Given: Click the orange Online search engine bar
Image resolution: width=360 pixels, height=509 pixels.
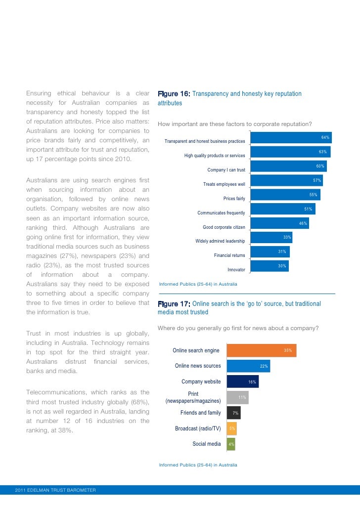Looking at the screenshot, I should (x=261, y=350).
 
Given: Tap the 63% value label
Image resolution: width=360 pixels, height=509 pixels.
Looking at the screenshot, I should (x=322, y=152).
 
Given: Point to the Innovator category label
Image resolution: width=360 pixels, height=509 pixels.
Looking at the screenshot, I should (x=236, y=270).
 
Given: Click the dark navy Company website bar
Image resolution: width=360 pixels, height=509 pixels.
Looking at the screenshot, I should (x=242, y=382).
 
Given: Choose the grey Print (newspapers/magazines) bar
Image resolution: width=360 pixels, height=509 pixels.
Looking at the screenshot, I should (x=237, y=397).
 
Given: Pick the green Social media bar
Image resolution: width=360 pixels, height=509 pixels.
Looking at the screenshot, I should (x=231, y=444).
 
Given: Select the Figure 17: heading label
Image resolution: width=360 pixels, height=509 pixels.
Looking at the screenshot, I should (x=173, y=303).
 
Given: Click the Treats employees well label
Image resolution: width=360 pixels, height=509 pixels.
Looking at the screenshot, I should (x=224, y=184).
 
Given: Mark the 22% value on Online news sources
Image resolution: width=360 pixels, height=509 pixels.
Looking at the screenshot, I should (x=264, y=366).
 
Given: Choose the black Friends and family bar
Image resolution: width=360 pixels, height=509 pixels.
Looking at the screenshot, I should (x=233, y=413).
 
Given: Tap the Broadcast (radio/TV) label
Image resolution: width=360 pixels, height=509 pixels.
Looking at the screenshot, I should (x=198, y=428).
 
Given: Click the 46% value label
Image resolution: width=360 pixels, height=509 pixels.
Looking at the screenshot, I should (x=303, y=223).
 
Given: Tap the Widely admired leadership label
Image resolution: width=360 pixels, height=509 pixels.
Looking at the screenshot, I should (x=220, y=241).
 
